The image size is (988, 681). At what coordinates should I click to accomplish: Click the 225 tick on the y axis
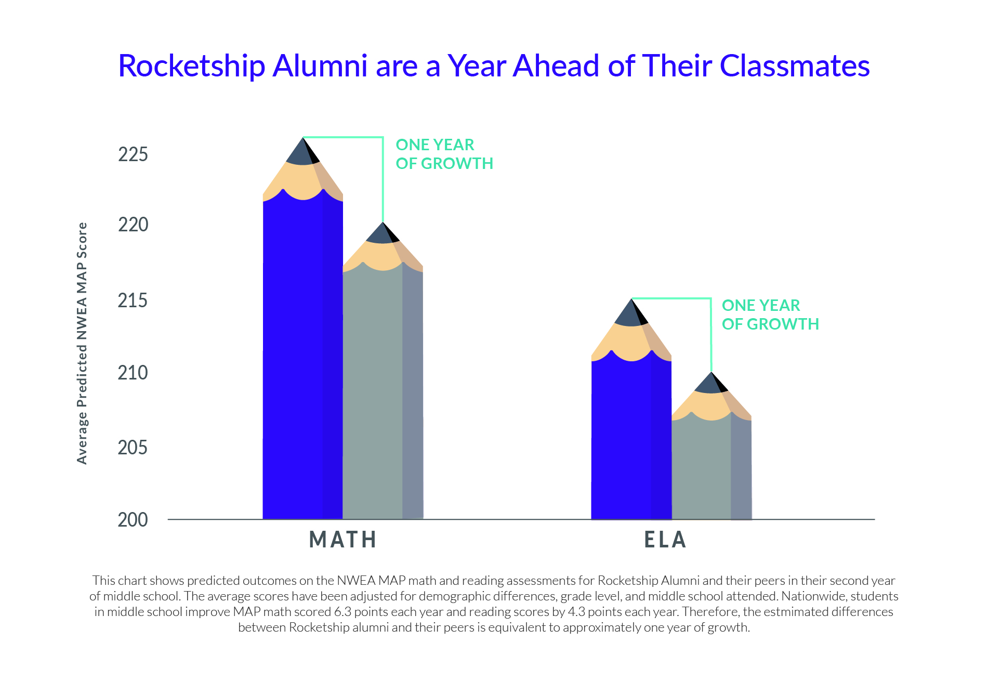[x=133, y=154]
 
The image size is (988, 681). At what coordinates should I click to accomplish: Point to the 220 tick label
[x=133, y=225]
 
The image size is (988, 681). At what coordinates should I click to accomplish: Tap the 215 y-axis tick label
[x=133, y=300]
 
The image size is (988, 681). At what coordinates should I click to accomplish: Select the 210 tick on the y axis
[x=133, y=373]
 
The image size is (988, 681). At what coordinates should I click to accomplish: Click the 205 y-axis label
[x=133, y=448]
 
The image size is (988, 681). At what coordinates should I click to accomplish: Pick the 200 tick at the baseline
[x=133, y=519]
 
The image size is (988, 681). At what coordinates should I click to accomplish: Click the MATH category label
[x=342, y=540]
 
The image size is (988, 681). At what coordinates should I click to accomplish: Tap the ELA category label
[x=665, y=540]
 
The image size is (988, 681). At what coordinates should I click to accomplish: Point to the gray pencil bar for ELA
[x=711, y=468]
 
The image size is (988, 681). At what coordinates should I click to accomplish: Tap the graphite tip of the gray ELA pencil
[x=711, y=384]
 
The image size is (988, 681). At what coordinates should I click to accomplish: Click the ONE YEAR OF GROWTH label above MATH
[x=444, y=154]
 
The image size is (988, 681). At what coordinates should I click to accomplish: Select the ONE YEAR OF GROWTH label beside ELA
[x=770, y=315]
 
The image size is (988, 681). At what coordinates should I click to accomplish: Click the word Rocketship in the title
[x=191, y=66]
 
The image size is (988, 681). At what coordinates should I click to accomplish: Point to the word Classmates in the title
[x=794, y=66]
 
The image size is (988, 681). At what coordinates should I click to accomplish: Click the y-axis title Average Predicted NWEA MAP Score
[x=82, y=343]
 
